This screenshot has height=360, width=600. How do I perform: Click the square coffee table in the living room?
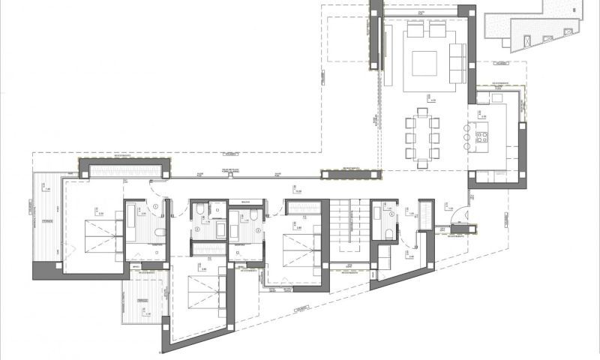click(424, 61)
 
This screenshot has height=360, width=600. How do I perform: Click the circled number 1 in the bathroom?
click(155, 207)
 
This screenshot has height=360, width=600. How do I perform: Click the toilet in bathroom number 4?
click(387, 234)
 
